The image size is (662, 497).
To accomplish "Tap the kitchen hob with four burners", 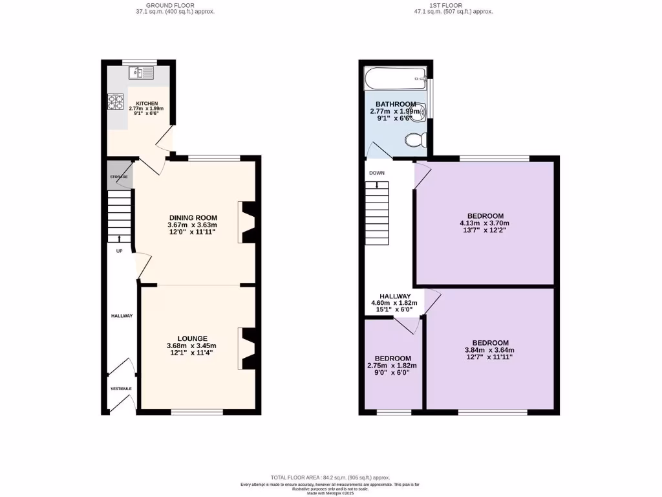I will click(x=116, y=102).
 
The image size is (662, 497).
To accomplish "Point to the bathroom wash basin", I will click(x=421, y=111).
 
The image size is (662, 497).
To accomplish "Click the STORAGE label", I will click(x=118, y=177).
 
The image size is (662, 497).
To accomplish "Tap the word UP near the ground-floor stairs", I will click(x=119, y=251).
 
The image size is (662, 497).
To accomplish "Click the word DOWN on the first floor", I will click(x=376, y=173).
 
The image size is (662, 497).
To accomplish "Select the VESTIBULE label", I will click(x=120, y=388).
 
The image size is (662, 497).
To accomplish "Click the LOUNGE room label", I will click(x=193, y=338).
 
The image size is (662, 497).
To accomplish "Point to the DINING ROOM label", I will click(x=193, y=217).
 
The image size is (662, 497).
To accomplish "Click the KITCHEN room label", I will click(x=147, y=104).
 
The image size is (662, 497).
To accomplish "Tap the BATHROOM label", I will click(x=396, y=104).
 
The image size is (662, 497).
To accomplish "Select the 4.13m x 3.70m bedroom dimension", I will click(x=485, y=223).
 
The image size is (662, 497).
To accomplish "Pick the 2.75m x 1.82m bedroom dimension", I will click(x=392, y=366).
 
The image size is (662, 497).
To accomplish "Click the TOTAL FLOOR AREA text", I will click(x=330, y=478).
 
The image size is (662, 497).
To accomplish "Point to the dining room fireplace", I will click(x=248, y=222).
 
